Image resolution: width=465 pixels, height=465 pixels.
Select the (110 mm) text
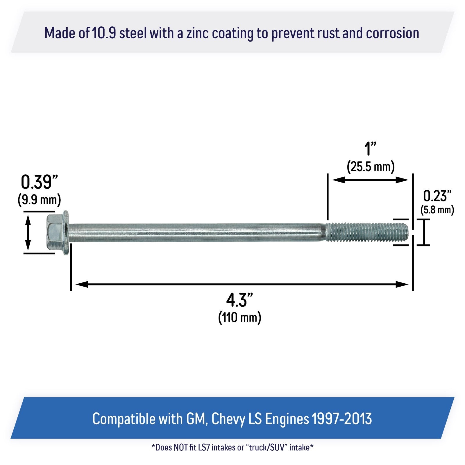(240, 317)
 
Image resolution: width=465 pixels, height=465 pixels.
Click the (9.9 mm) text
(39, 200)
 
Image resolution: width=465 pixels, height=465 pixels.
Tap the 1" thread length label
(370, 149)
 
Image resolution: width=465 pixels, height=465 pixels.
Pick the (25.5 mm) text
(371, 167)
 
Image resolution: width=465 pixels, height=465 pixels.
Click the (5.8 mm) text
(437, 210)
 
